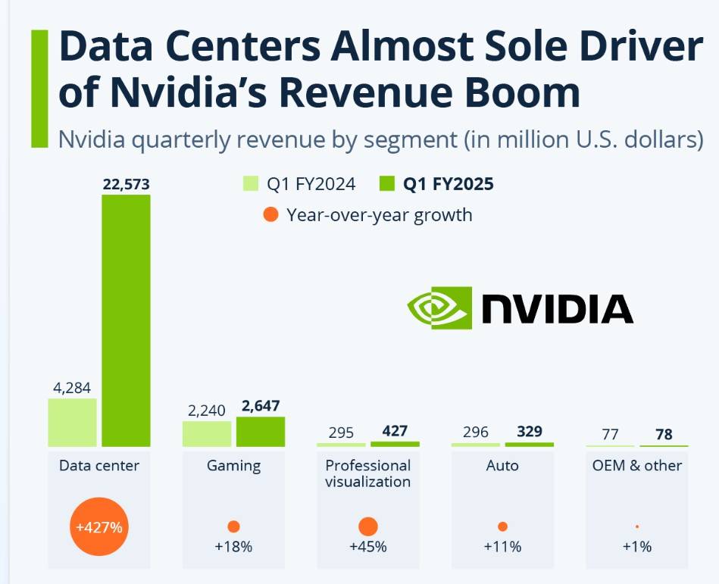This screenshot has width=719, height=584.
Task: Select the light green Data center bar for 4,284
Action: (73, 422)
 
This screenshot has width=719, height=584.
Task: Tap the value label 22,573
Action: (126, 184)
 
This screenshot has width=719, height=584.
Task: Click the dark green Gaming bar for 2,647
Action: (261, 431)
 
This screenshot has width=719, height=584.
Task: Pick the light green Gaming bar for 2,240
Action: (207, 433)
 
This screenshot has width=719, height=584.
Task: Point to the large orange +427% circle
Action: (99, 526)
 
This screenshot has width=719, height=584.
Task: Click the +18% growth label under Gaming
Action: (233, 547)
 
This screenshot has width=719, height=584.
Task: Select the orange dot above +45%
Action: (367, 526)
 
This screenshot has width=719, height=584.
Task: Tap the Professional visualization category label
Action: (367, 473)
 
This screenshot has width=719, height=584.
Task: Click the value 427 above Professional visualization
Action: (394, 432)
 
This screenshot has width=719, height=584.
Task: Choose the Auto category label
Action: (502, 465)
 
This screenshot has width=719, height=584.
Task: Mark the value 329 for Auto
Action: (529, 432)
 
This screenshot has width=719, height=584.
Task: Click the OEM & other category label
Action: (636, 465)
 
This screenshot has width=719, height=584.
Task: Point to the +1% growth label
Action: (636, 547)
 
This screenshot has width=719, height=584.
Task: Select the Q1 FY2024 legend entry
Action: (299, 184)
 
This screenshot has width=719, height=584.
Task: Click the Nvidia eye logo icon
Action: (439, 308)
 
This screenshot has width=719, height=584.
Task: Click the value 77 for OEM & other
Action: (610, 434)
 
